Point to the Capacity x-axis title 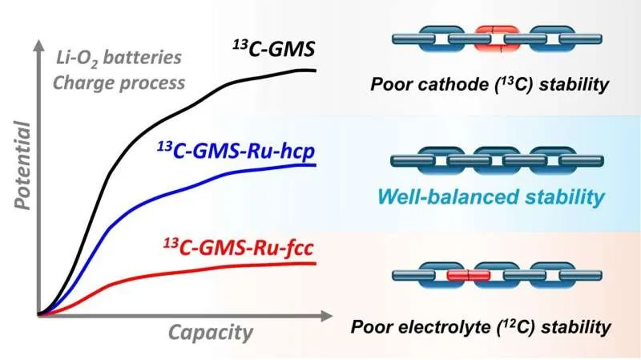click(x=211, y=333)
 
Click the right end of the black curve click(x=315, y=71)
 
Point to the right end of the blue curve click(x=315, y=164)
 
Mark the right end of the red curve click(x=315, y=263)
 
